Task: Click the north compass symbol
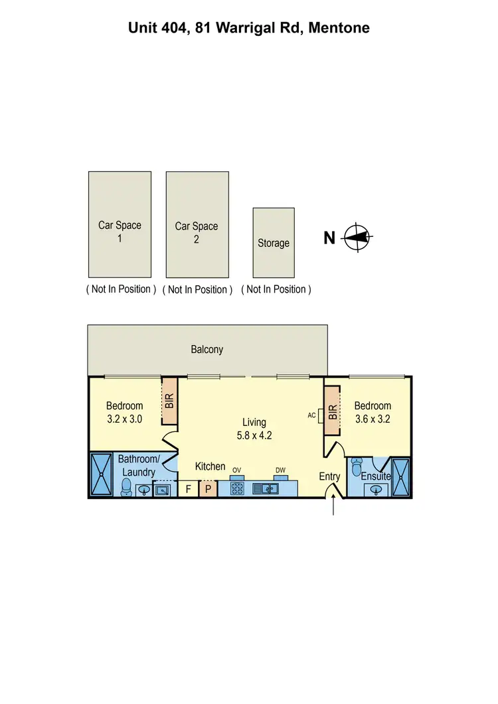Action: (358, 237)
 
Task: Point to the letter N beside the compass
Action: (329, 238)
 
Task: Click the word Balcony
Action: (207, 349)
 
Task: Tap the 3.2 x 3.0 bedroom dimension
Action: (125, 419)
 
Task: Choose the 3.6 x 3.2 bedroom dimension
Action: (373, 419)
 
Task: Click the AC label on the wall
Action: (312, 415)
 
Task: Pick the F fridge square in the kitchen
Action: (189, 489)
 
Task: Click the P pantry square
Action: (207, 489)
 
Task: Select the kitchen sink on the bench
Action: (269, 489)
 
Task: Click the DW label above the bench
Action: (280, 470)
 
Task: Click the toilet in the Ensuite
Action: (357, 471)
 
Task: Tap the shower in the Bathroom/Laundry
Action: (102, 474)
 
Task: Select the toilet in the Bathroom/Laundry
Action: (125, 488)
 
